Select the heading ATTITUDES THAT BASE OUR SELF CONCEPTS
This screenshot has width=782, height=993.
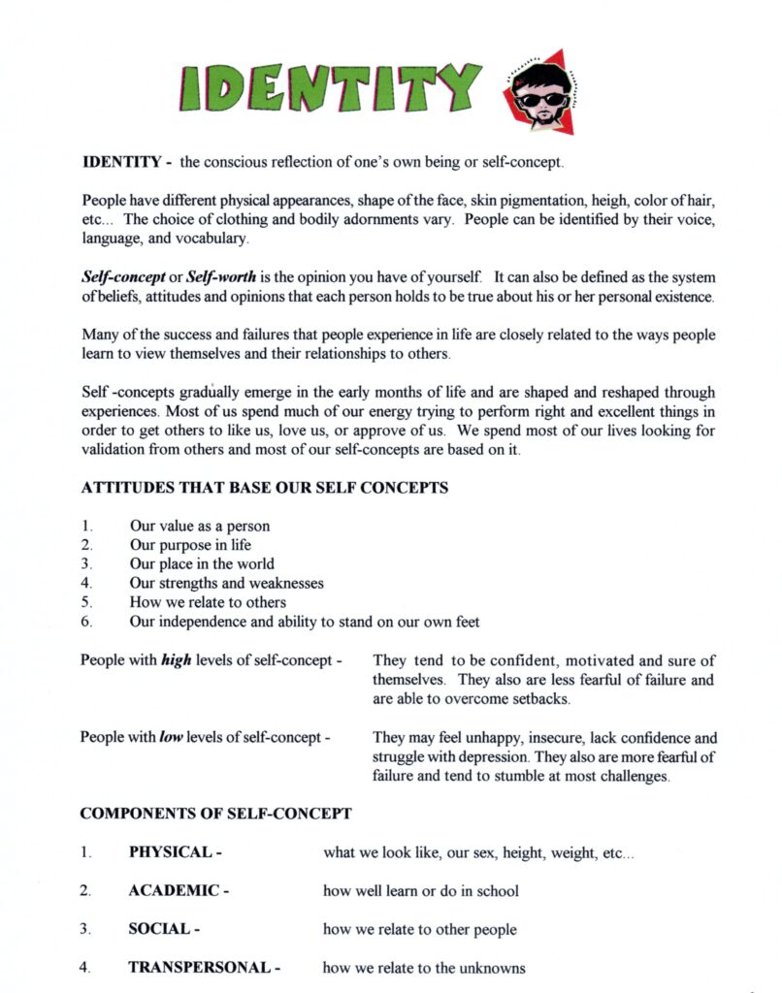264,488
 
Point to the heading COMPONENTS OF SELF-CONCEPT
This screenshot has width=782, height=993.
215,813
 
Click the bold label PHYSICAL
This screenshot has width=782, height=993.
175,851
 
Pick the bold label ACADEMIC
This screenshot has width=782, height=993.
178,890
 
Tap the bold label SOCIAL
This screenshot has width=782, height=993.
164,929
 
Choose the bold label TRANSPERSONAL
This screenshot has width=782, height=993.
204,967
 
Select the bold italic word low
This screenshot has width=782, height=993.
171,737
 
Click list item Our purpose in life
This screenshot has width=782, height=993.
190,545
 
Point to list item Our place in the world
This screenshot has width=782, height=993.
202,563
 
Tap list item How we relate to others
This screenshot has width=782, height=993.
208,602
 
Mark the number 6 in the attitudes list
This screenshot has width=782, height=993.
86,622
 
